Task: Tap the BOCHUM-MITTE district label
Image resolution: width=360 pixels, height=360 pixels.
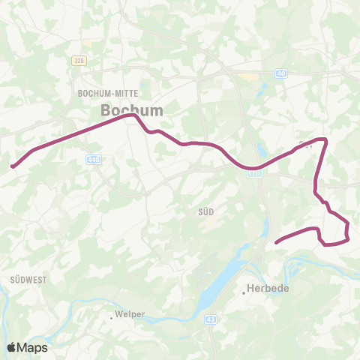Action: pos(105,94)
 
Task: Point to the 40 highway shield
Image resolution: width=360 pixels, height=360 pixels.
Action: pos(280,73)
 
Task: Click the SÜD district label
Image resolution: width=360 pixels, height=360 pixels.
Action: pos(206,212)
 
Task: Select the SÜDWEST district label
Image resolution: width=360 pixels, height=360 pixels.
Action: pos(29,279)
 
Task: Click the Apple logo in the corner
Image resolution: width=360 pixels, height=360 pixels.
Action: pos(13,347)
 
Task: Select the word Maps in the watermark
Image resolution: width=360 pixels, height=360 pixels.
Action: pos(34,347)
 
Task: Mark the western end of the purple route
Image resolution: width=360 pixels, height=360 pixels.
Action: pos(12,167)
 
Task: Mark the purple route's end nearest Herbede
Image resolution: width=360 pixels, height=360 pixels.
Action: pos(277,242)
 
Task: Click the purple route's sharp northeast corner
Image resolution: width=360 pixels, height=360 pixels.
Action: pos(325,139)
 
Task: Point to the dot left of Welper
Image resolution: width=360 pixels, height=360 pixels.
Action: pos(112,317)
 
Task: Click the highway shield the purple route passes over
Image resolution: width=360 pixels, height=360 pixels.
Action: pos(254,172)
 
